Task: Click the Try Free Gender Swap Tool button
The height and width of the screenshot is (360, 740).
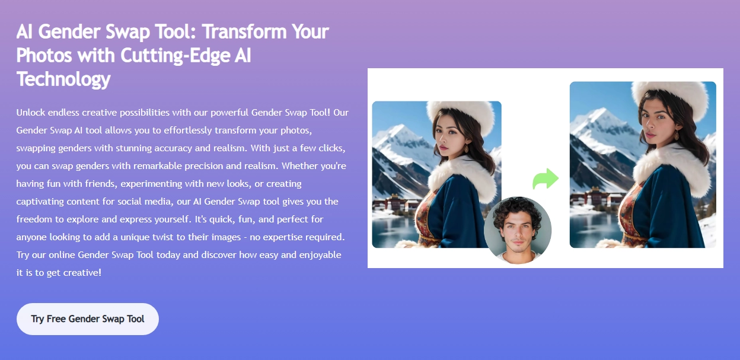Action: click(88, 319)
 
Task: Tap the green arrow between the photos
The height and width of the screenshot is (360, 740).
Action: click(546, 179)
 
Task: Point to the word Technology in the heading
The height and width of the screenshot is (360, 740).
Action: click(63, 79)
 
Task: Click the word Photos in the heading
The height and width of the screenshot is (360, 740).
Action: click(43, 55)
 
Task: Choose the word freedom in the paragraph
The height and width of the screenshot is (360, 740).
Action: click(34, 219)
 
